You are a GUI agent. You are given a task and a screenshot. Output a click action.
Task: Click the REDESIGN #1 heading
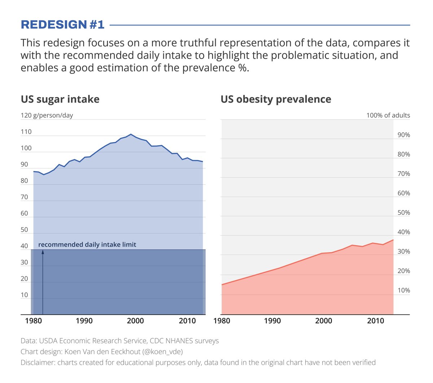(x=62, y=25)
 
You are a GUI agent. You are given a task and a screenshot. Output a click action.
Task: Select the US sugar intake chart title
(x=60, y=99)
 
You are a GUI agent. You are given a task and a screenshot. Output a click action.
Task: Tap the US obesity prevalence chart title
(x=276, y=99)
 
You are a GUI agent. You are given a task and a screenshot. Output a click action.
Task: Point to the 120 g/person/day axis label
(x=47, y=115)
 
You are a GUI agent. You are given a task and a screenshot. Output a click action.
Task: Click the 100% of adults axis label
(x=388, y=115)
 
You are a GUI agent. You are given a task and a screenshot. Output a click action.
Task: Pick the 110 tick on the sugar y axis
(x=26, y=132)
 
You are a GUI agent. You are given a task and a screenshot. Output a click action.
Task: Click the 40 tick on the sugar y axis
(x=24, y=246)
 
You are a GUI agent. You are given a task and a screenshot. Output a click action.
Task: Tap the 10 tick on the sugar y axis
(x=24, y=295)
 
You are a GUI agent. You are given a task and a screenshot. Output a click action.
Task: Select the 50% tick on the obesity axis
(x=403, y=213)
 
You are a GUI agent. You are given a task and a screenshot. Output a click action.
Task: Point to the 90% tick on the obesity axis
(x=403, y=135)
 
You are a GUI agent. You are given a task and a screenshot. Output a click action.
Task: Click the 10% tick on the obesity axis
(x=403, y=290)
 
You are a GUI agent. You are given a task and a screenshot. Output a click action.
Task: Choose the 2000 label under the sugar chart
(x=135, y=321)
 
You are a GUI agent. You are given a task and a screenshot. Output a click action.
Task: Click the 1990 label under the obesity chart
(x=272, y=321)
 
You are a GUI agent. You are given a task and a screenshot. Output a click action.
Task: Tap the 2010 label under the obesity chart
(x=376, y=321)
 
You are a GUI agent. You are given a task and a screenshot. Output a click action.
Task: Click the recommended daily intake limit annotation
(x=87, y=245)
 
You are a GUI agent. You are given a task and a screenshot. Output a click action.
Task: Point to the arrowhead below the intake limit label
(x=43, y=252)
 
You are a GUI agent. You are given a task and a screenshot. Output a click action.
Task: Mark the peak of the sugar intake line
(x=131, y=134)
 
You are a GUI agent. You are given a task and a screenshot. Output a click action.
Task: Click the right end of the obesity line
(x=393, y=240)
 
